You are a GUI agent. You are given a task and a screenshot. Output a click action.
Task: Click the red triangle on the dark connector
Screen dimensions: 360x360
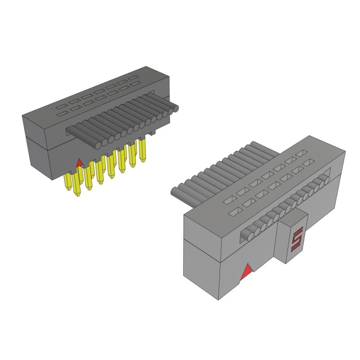pos(80,162)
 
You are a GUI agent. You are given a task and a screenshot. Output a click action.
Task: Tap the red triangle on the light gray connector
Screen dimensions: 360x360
pos(247,272)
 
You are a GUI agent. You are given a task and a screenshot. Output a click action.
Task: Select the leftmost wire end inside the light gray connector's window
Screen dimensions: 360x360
pos(247,234)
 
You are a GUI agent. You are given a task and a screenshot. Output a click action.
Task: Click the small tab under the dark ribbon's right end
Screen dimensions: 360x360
pos(153,133)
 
